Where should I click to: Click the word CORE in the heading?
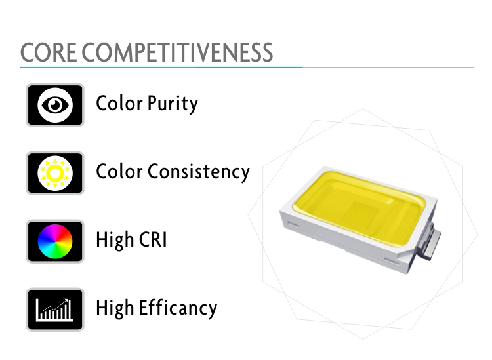click(49, 52)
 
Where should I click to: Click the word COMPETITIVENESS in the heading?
click(177, 52)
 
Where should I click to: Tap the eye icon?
click(55, 105)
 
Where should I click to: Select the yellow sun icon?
click(55, 173)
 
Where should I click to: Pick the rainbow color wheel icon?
click(55, 241)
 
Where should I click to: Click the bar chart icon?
click(55, 310)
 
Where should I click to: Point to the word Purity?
click(173, 104)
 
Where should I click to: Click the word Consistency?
click(198, 172)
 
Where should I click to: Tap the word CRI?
click(153, 240)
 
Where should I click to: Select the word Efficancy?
click(178, 309)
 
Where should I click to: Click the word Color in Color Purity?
click(119, 104)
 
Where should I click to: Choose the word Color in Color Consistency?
click(119, 172)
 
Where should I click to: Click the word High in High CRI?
click(115, 241)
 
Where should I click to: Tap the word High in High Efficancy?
click(115, 309)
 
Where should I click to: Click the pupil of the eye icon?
click(55, 105)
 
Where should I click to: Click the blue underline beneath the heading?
click(161, 67)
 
